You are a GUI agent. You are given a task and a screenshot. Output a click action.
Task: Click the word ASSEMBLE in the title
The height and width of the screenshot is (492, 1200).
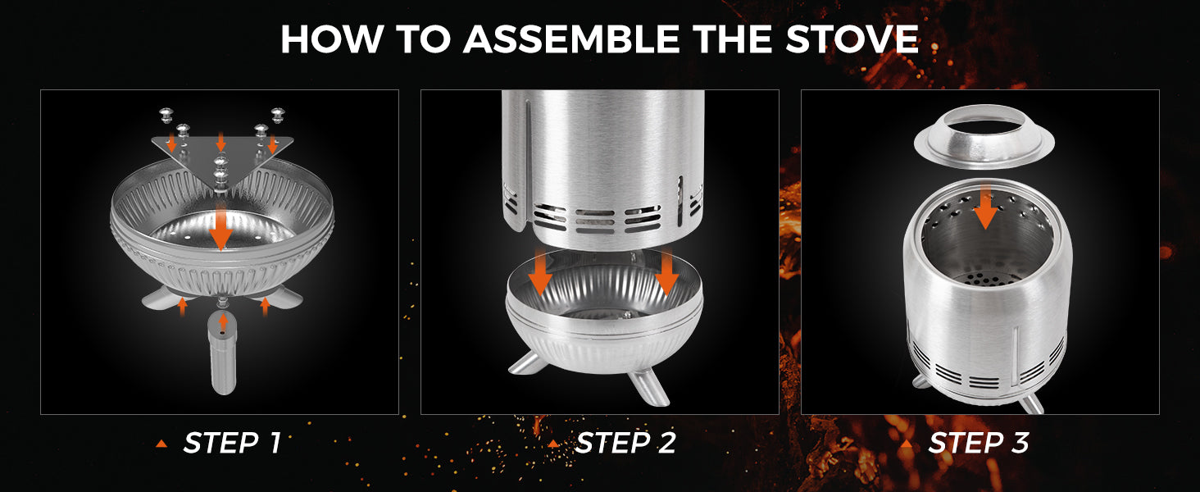[x=571, y=39]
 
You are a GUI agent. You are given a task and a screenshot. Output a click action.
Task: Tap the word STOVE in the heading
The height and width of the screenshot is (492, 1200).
[x=852, y=39]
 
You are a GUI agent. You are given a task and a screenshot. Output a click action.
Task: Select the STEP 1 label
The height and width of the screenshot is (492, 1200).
[x=232, y=443]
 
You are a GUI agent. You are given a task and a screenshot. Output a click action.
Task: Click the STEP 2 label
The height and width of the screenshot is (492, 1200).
[x=625, y=443]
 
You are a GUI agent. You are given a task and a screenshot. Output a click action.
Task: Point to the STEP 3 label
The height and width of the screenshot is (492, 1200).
[x=979, y=443]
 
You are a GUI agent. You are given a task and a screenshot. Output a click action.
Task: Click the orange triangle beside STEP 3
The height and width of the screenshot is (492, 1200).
[x=907, y=444]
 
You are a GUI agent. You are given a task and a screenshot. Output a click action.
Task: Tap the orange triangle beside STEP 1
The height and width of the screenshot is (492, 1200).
[x=161, y=444]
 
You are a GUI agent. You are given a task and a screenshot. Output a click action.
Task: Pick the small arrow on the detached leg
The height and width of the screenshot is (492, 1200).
[x=224, y=322]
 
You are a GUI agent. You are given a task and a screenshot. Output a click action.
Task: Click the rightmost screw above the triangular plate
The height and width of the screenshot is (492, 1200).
[x=278, y=115]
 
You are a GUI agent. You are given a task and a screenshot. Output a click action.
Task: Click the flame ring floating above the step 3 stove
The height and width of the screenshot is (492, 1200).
[x=984, y=137]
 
